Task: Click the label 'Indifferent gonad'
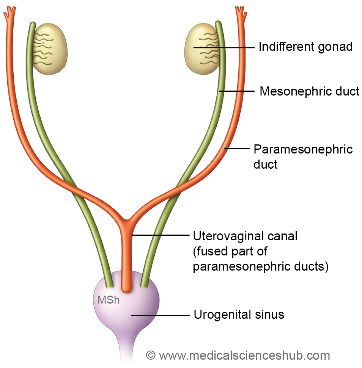point(305,47)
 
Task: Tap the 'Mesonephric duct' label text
point(309,91)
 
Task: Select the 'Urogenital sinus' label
point(239,315)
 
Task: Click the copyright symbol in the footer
point(151,355)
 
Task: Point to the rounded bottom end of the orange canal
point(126,289)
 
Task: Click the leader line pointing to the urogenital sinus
point(159,315)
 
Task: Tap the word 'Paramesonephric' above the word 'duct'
point(303,149)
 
